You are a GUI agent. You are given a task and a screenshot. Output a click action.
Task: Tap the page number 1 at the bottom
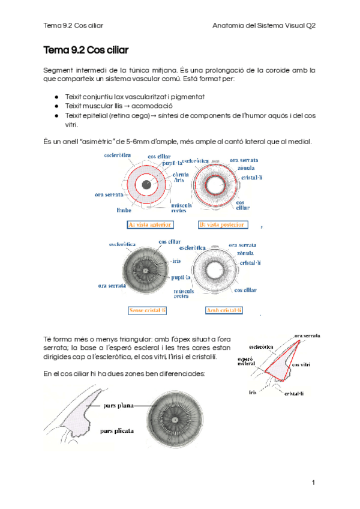click(x=313, y=483)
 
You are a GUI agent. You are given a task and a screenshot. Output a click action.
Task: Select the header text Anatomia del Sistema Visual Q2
click(x=265, y=26)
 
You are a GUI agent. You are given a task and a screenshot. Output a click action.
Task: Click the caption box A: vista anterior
click(x=150, y=224)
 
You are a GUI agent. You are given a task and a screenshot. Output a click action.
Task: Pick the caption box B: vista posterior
click(x=222, y=224)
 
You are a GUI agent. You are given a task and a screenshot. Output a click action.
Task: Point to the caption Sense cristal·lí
click(x=148, y=310)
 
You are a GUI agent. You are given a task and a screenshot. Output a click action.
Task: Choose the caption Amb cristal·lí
click(x=223, y=310)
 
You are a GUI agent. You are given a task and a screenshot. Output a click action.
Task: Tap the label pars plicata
click(x=117, y=430)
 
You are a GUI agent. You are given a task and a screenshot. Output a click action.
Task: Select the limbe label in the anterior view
click(x=124, y=210)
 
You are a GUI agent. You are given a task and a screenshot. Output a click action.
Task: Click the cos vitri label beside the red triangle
click(x=301, y=364)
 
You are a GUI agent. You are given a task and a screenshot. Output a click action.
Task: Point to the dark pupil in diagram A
click(x=146, y=184)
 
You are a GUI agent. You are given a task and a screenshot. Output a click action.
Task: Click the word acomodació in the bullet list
click(x=138, y=105)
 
